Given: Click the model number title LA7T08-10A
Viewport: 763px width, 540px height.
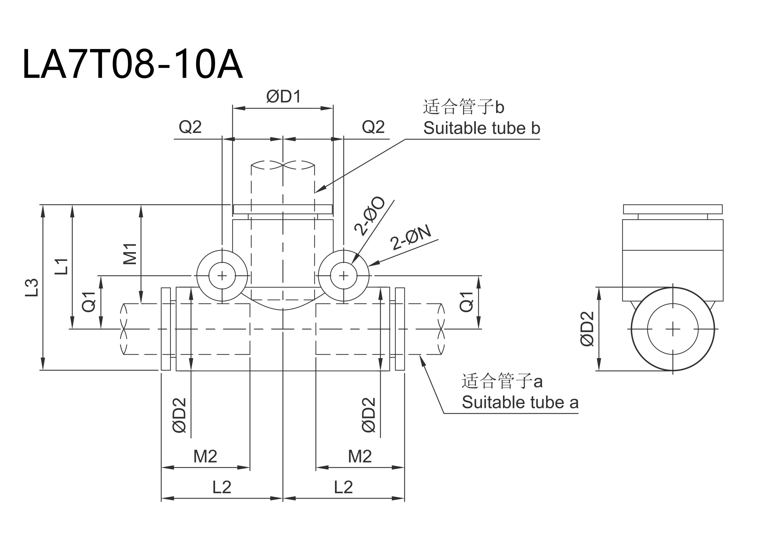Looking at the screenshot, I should (132, 64).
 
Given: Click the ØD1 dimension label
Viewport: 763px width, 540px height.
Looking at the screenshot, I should (283, 97).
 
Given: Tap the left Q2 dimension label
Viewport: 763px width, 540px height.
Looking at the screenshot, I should (190, 127).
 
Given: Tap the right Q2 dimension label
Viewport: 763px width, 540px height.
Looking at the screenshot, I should (373, 127).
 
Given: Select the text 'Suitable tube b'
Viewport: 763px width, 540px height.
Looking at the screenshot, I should (482, 129).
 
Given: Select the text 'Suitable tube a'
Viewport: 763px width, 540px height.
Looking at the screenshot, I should (520, 402).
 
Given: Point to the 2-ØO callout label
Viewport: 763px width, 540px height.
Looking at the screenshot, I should (369, 217).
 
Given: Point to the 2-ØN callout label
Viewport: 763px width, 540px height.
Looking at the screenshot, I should (411, 238).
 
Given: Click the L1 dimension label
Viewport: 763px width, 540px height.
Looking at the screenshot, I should (62, 266).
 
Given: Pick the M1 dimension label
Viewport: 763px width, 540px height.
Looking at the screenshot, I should (130, 254).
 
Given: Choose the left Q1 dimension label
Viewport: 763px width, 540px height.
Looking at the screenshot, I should (89, 302).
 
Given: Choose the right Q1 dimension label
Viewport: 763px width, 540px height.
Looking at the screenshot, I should (467, 302).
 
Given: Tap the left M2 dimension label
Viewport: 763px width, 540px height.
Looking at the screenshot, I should (205, 457).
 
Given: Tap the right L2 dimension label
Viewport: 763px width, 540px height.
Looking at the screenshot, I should (343, 487).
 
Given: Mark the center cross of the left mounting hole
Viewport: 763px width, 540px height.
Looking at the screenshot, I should (222, 276).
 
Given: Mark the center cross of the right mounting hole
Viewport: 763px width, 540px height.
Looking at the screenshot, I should (343, 276).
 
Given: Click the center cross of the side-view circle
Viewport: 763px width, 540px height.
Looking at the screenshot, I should (673, 329).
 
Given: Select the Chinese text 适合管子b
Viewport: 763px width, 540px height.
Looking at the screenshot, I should (463, 107).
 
